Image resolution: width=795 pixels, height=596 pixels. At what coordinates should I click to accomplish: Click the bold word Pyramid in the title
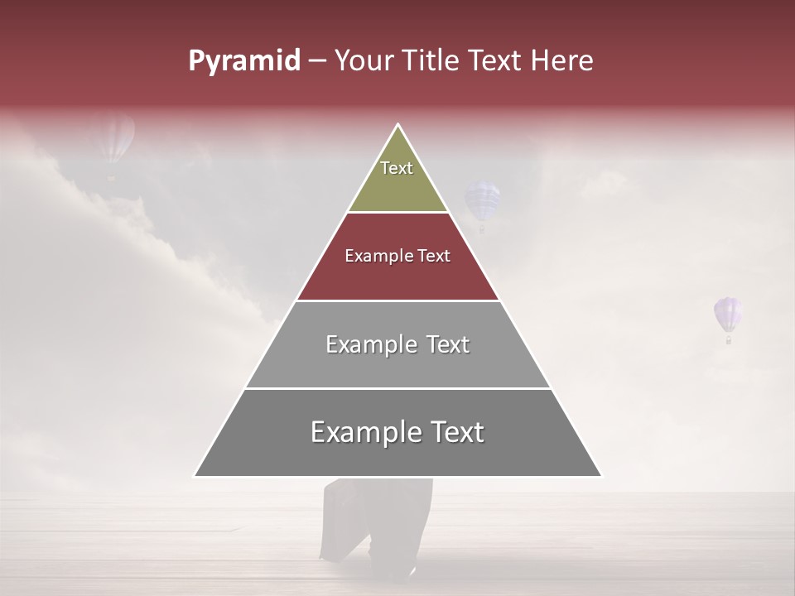coord(243,61)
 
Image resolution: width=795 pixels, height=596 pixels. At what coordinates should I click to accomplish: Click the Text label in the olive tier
coord(397,168)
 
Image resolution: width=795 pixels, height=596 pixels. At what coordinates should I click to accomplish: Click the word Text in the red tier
coord(434,257)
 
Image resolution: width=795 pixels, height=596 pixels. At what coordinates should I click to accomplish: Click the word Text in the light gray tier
coord(448,344)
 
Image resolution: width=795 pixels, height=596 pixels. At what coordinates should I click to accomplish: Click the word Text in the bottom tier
coord(456,432)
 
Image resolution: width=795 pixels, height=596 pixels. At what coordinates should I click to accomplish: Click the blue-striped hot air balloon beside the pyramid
coord(482,203)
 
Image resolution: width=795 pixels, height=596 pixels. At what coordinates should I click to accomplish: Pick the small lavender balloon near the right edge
coord(728,315)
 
